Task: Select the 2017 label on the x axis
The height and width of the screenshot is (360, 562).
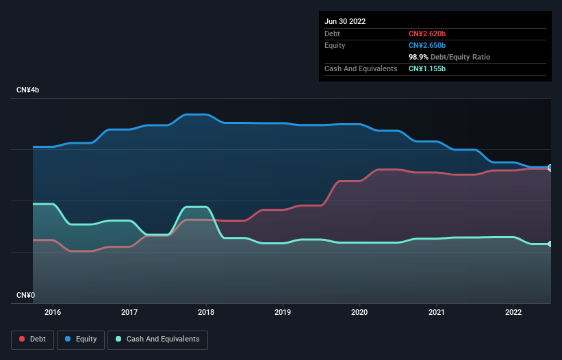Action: coord(129,312)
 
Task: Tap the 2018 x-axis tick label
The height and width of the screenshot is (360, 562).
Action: coord(206,312)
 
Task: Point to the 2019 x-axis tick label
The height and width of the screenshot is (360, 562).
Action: coord(283,312)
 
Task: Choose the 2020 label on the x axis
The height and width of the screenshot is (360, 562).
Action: coord(359,312)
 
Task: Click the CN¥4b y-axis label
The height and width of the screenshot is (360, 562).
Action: coord(29,90)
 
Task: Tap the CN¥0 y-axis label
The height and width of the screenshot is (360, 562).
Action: coord(25,295)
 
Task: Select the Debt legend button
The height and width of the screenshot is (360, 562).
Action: coord(32,339)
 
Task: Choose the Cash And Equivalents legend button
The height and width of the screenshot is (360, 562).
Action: coord(157,339)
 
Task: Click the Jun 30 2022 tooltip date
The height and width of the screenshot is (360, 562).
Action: coord(345,21)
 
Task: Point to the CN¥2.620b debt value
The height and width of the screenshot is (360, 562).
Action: coord(426,34)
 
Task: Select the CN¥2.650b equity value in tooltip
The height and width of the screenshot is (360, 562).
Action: coord(426,45)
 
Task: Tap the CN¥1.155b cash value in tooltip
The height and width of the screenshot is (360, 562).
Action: coord(426,69)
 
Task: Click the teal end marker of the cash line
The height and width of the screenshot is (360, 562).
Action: coord(550,244)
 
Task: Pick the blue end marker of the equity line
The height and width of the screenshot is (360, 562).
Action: coord(550,167)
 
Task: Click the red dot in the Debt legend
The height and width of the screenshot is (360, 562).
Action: coord(22,339)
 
